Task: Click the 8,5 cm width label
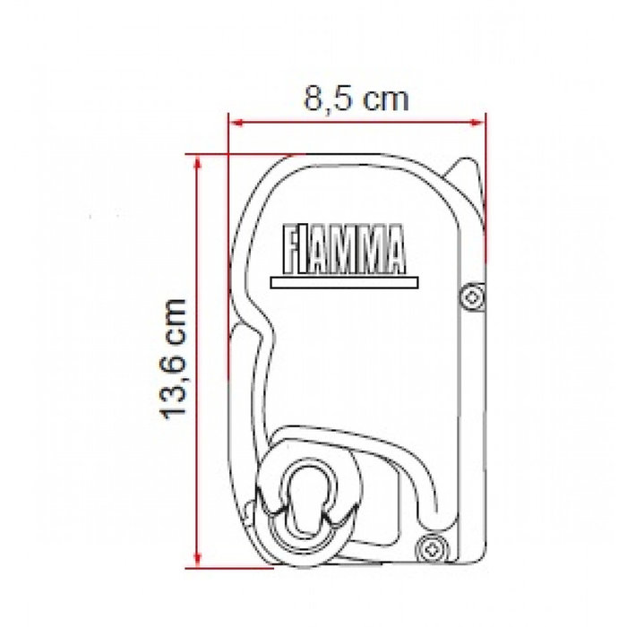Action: tap(356, 97)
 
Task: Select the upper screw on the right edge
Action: tap(471, 296)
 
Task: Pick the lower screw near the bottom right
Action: tap(435, 545)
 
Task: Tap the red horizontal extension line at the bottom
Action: tap(224, 566)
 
